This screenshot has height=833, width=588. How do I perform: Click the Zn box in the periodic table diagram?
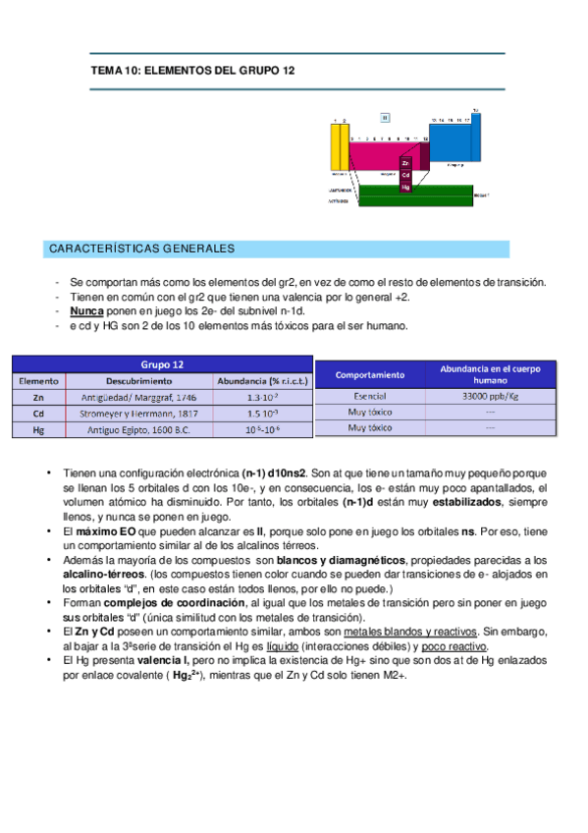(405, 163)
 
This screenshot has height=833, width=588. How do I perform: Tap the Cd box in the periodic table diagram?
(405, 174)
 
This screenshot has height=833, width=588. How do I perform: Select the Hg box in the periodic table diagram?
(405, 186)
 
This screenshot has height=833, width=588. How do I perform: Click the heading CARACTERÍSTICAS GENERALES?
(141, 250)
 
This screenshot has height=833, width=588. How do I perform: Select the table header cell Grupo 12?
(163, 364)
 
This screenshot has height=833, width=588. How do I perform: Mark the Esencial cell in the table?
(369, 396)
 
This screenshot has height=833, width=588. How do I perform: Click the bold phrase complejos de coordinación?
(176, 602)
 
